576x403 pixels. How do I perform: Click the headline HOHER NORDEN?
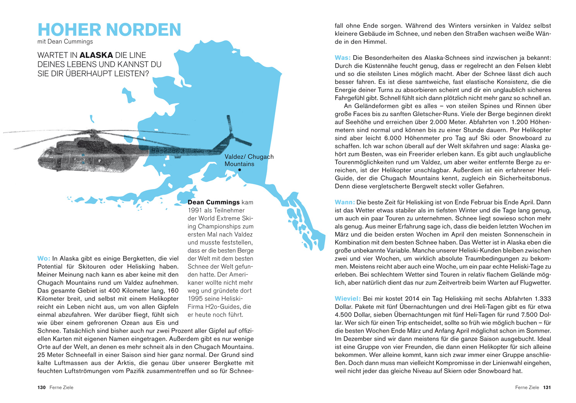[x=109, y=30]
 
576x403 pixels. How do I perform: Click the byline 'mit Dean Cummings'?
[x=65, y=42]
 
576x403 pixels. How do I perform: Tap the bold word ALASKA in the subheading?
[x=96, y=55]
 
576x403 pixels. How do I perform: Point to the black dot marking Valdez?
[x=240, y=170]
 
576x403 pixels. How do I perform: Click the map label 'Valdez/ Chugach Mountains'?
[x=249, y=160]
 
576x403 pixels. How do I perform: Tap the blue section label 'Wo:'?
[x=43, y=259]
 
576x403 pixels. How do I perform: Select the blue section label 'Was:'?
[x=342, y=58]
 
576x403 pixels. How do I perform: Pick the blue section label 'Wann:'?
[x=345, y=202]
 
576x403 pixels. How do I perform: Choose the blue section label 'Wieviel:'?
[x=348, y=299]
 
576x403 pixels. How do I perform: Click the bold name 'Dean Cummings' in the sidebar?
[x=213, y=202]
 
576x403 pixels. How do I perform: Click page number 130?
[x=41, y=388]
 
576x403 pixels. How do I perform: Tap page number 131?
[x=547, y=388]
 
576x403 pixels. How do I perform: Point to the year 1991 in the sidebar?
[x=195, y=211]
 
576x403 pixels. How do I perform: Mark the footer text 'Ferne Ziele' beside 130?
[x=61, y=388]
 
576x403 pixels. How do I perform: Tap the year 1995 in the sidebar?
[x=195, y=299]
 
